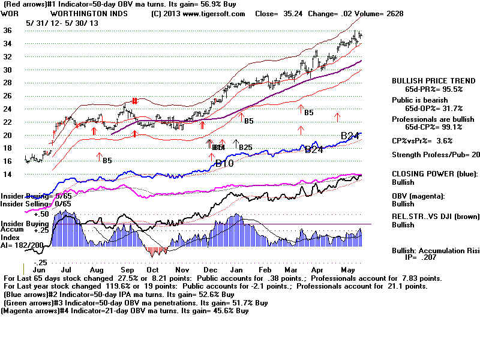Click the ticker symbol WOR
10,13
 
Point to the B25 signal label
245,147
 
